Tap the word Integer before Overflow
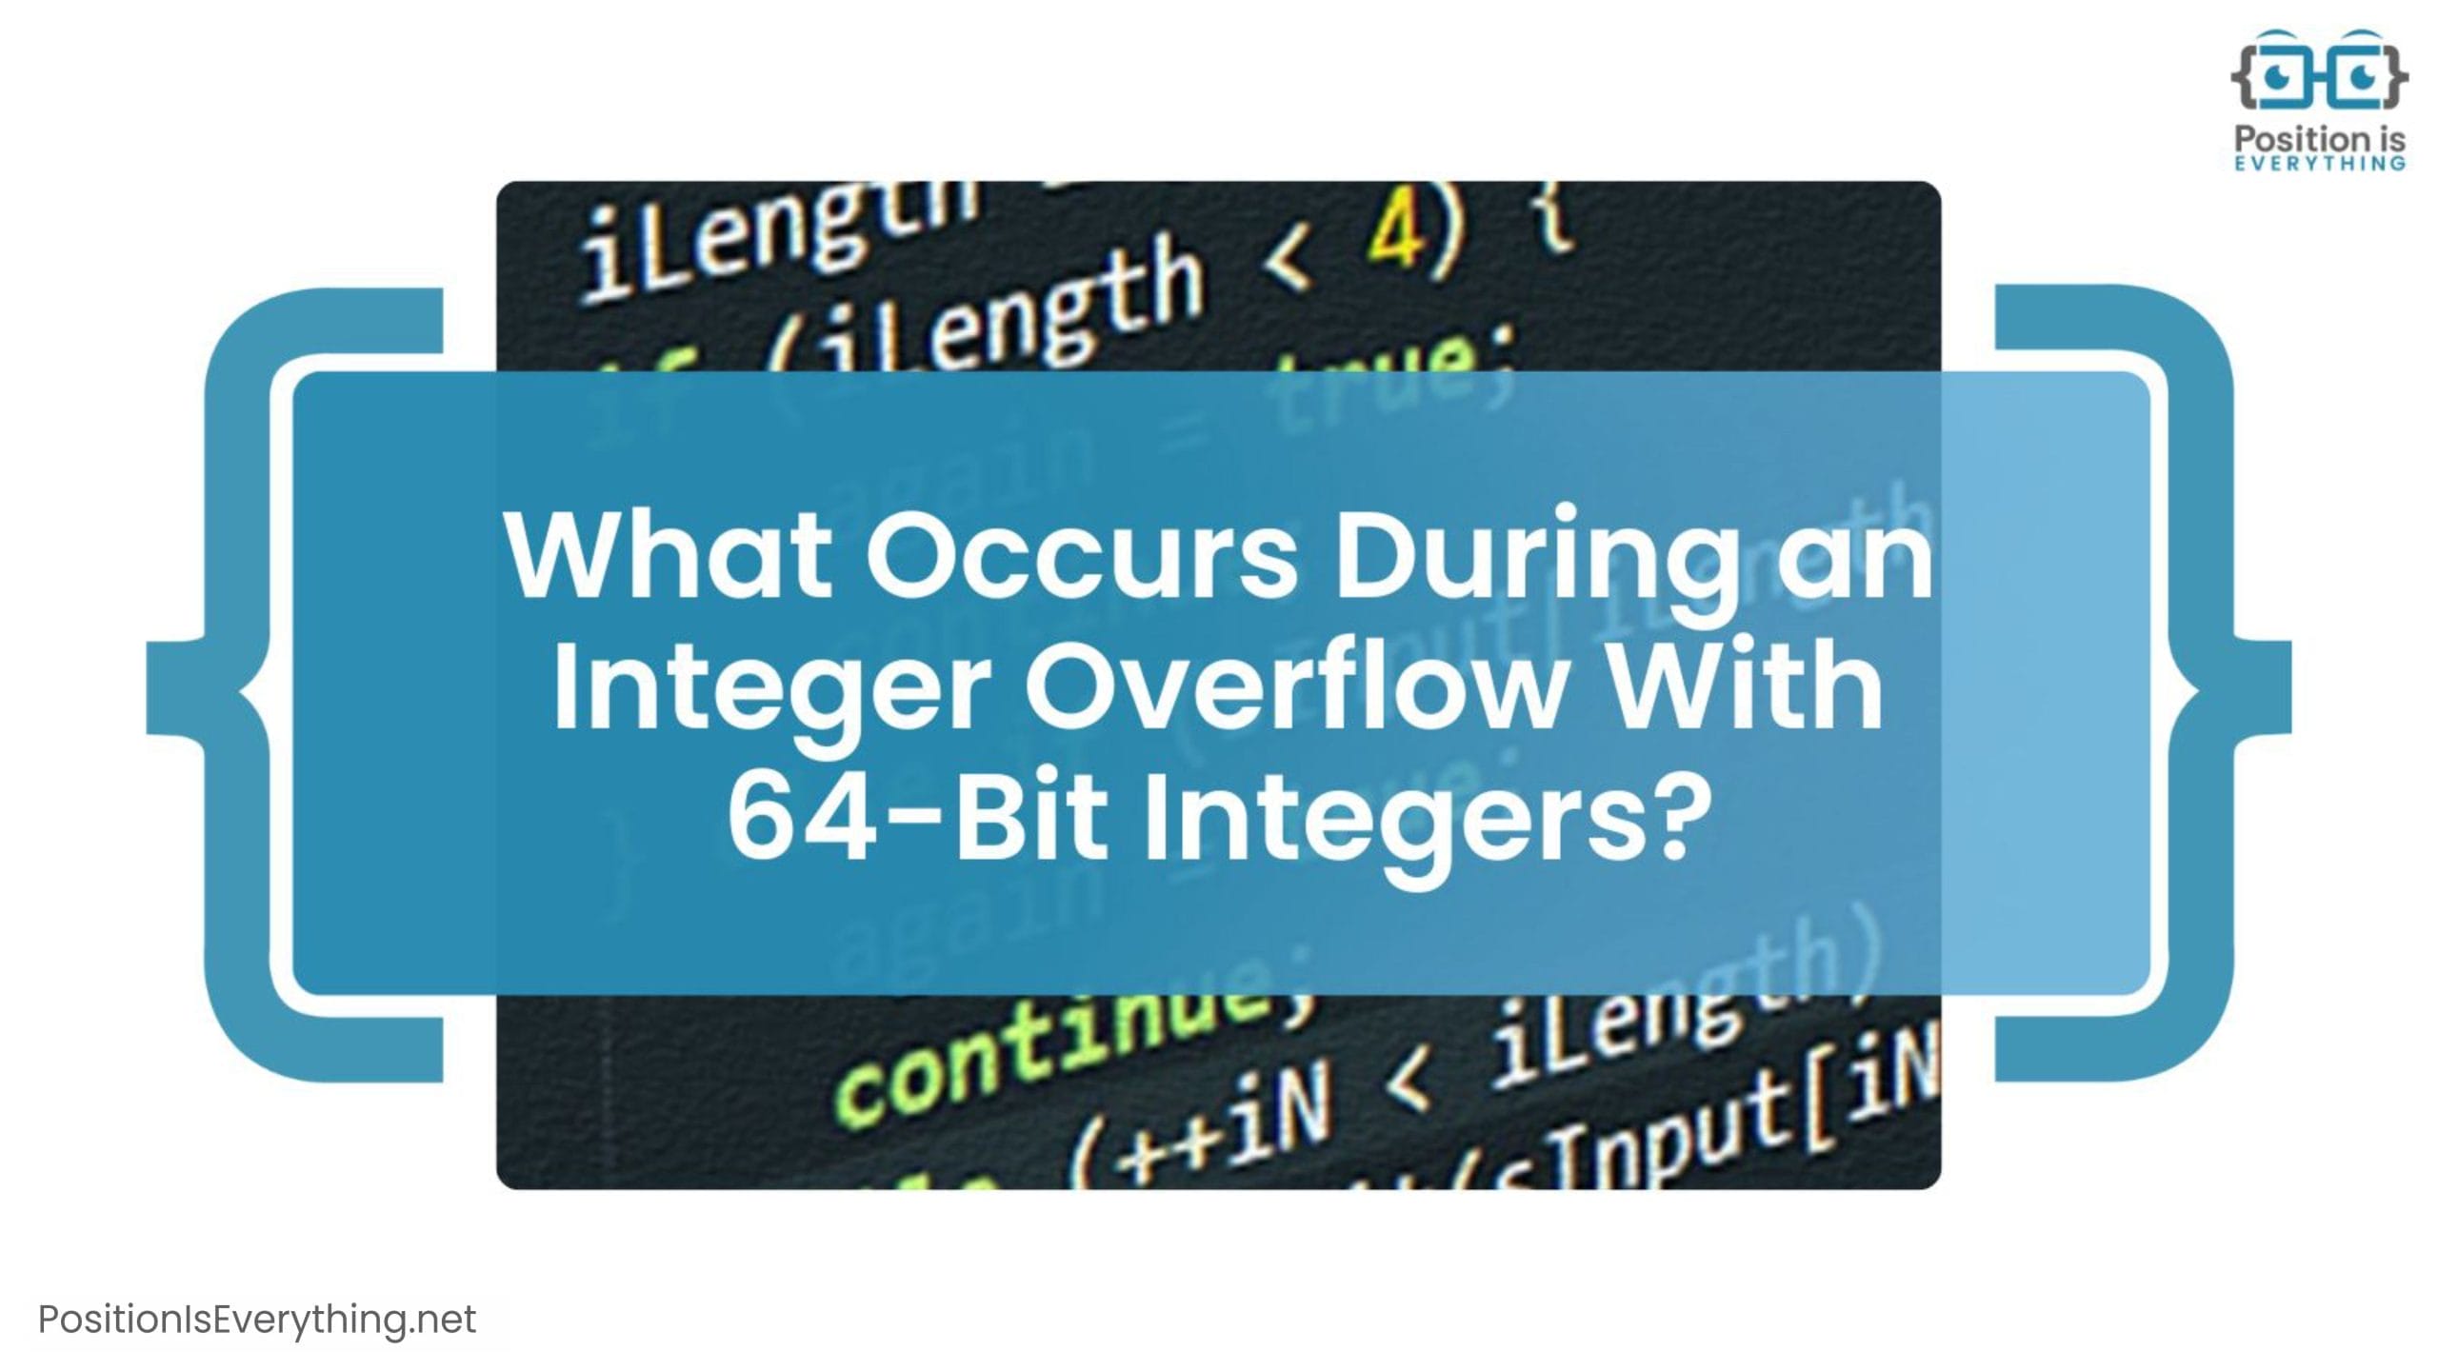point(771,688)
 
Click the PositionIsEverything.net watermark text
point(257,1320)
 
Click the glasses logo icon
point(2320,72)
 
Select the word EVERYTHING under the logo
point(2320,164)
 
